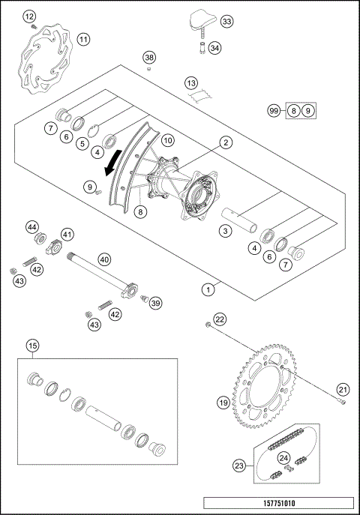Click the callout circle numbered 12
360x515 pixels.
tap(28, 16)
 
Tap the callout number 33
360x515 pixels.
tap(226, 22)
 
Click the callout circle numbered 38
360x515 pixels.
tap(149, 58)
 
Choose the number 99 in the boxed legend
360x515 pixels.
tap(275, 111)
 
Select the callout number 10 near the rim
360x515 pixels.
tap(167, 140)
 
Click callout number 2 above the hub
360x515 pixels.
tap(224, 141)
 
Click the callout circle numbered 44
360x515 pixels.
tap(32, 226)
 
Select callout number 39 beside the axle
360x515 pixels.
tap(155, 303)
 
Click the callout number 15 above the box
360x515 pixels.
tap(32, 346)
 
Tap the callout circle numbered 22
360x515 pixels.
tap(220, 319)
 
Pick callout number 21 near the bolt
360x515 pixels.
tap(343, 388)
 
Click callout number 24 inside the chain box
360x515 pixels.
tap(284, 457)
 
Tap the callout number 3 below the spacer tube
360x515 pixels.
tap(224, 232)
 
